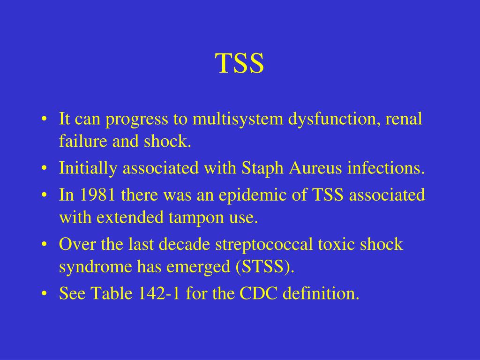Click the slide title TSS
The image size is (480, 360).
pyautogui.click(x=240, y=64)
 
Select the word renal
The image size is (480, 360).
pyautogui.click(x=404, y=119)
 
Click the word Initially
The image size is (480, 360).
pyautogui.click(x=88, y=169)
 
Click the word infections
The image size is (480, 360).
pyautogui.click(x=386, y=169)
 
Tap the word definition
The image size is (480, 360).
pyautogui.click(x=322, y=294)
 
